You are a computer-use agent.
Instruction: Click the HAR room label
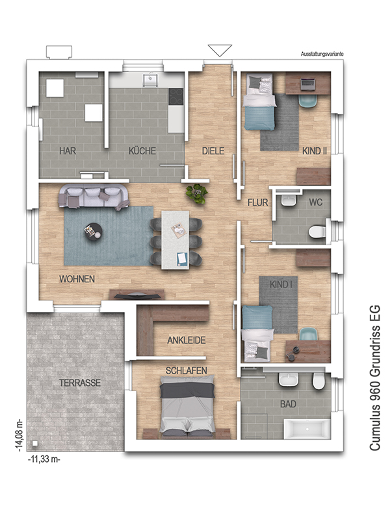[x=68, y=151]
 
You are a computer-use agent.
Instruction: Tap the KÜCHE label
[x=142, y=151]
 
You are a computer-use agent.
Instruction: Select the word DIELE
[x=213, y=151]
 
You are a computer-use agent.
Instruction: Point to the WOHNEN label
[x=77, y=279]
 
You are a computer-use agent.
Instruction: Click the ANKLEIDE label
[x=187, y=340]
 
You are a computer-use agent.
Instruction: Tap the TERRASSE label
[x=80, y=383]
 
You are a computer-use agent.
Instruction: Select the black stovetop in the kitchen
[x=176, y=97]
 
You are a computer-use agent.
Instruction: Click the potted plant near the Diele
[x=197, y=193]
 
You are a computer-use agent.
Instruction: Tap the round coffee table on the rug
[x=93, y=231]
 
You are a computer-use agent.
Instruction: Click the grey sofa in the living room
[x=94, y=197]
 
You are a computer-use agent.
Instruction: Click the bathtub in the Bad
[x=307, y=429]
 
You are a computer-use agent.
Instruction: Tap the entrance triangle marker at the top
[x=220, y=51]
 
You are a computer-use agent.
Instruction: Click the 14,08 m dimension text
[x=19, y=435]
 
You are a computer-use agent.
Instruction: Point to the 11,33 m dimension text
[x=44, y=460]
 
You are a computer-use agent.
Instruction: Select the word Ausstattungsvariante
[x=322, y=54]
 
